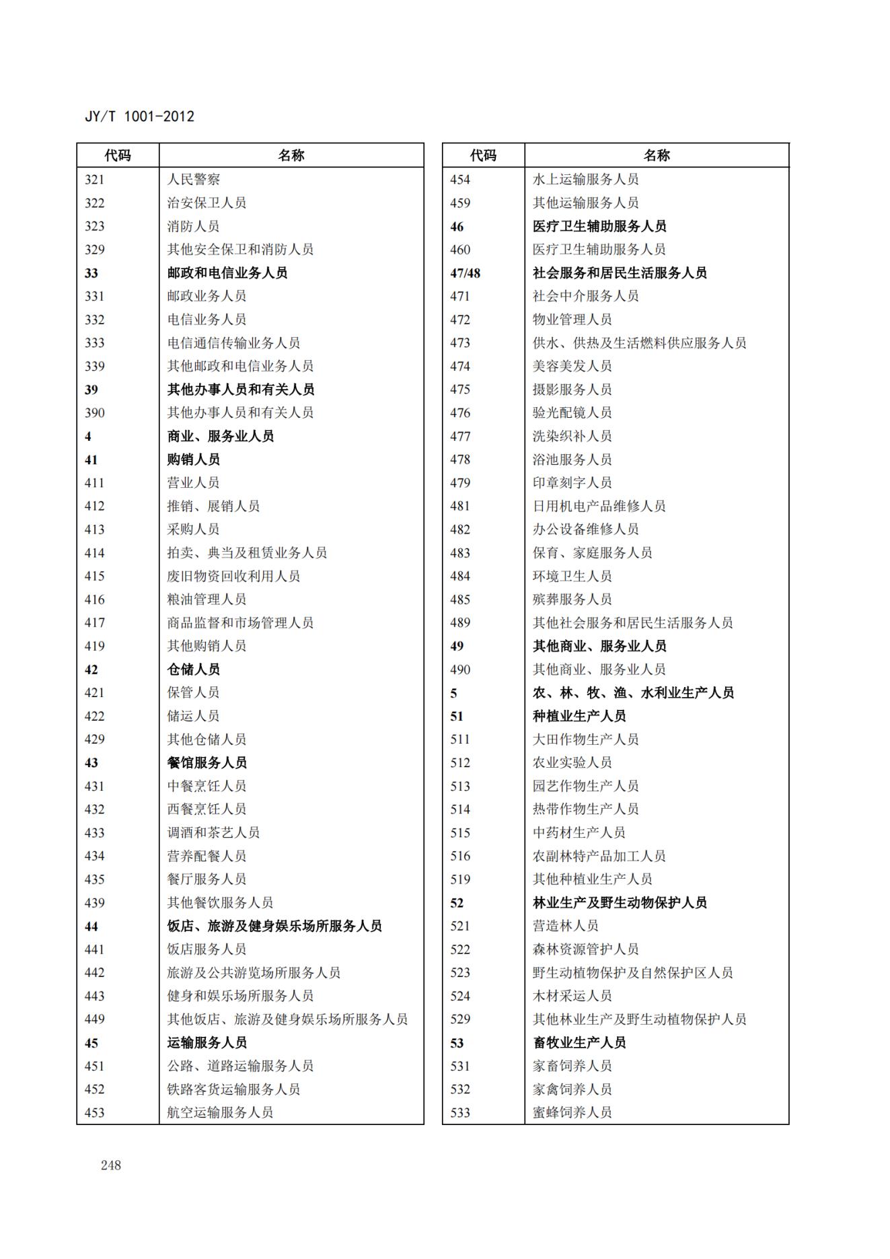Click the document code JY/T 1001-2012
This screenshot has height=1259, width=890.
pos(139,116)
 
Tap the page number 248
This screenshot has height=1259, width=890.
pos(110,1165)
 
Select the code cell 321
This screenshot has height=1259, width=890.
pos(95,180)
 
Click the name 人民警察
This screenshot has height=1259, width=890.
pos(194,180)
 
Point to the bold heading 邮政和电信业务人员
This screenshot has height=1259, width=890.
pos(227,273)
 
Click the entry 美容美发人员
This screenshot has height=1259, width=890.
pos(572,366)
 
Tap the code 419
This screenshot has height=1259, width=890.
pos(95,646)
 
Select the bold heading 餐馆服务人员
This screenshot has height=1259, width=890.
pos(207,762)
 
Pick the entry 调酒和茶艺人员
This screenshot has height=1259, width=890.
pos(213,832)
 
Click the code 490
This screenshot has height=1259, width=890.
pos(460,670)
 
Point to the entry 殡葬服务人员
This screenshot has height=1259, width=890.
pos(572,600)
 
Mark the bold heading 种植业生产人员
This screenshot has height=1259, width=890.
pos(579,716)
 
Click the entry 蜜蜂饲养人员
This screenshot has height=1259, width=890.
pos(572,1112)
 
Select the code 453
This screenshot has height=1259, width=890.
pos(95,1112)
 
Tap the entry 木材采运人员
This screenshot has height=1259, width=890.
pos(572,996)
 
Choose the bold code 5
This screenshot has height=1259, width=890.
pos(453,692)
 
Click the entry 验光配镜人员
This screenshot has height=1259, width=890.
pos(572,412)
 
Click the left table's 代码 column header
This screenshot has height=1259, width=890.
pos(118,155)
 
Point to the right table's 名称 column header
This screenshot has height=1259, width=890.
pos(657,155)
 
